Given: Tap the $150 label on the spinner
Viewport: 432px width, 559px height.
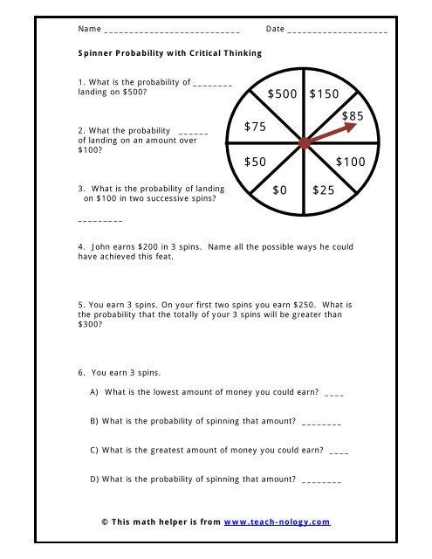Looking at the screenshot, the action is pos(326,93).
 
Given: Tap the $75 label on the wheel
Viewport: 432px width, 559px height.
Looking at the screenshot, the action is pos(255,128).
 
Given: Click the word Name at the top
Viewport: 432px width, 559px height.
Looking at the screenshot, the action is pos(88,29).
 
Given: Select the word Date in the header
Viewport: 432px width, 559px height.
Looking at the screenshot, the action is pos(275,29).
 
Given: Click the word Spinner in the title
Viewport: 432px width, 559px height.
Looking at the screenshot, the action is pos(94,52).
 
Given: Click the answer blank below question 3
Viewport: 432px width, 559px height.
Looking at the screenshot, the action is pos(99,220).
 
